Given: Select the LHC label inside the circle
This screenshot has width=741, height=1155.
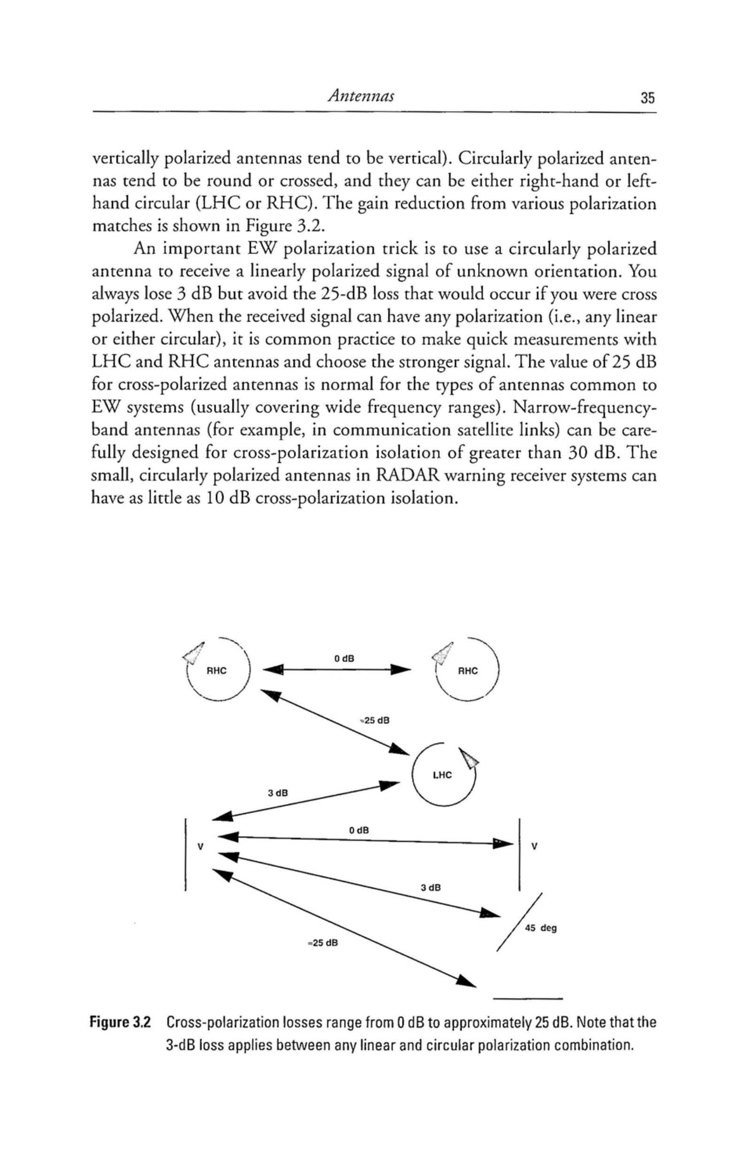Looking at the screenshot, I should pyautogui.click(x=442, y=775).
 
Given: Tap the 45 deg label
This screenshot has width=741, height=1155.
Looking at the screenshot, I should pyautogui.click(x=541, y=928).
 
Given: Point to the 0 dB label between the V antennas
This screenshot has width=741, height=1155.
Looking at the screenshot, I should pyautogui.click(x=359, y=830).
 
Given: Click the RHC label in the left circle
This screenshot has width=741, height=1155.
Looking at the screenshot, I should pyautogui.click(x=216, y=671).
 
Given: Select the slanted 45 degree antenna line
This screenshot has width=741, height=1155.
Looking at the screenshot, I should pyautogui.click(x=520, y=922).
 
